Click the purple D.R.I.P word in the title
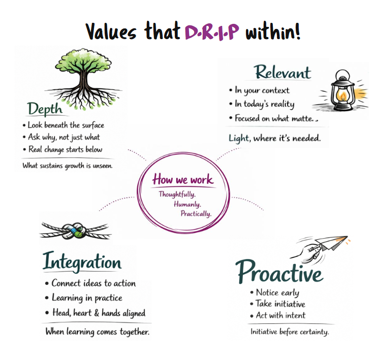pyautogui.click(x=213, y=31)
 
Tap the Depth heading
pyautogui.click(x=45, y=109)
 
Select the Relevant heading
pyautogui.click(x=283, y=72)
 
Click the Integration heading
pyautogui.click(x=82, y=262)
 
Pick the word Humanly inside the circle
pyautogui.click(x=187, y=204)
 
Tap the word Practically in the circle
pyautogui.click(x=196, y=213)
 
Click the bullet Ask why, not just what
pyautogui.click(x=64, y=137)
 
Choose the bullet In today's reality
pyautogui.click(x=264, y=104)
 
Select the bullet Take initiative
pyautogui.click(x=280, y=304)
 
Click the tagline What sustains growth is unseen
pyautogui.click(x=67, y=166)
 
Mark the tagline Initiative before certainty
pyautogui.click(x=290, y=332)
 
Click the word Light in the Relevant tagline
pyautogui.click(x=239, y=137)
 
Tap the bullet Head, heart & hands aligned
pyautogui.click(x=99, y=313)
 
